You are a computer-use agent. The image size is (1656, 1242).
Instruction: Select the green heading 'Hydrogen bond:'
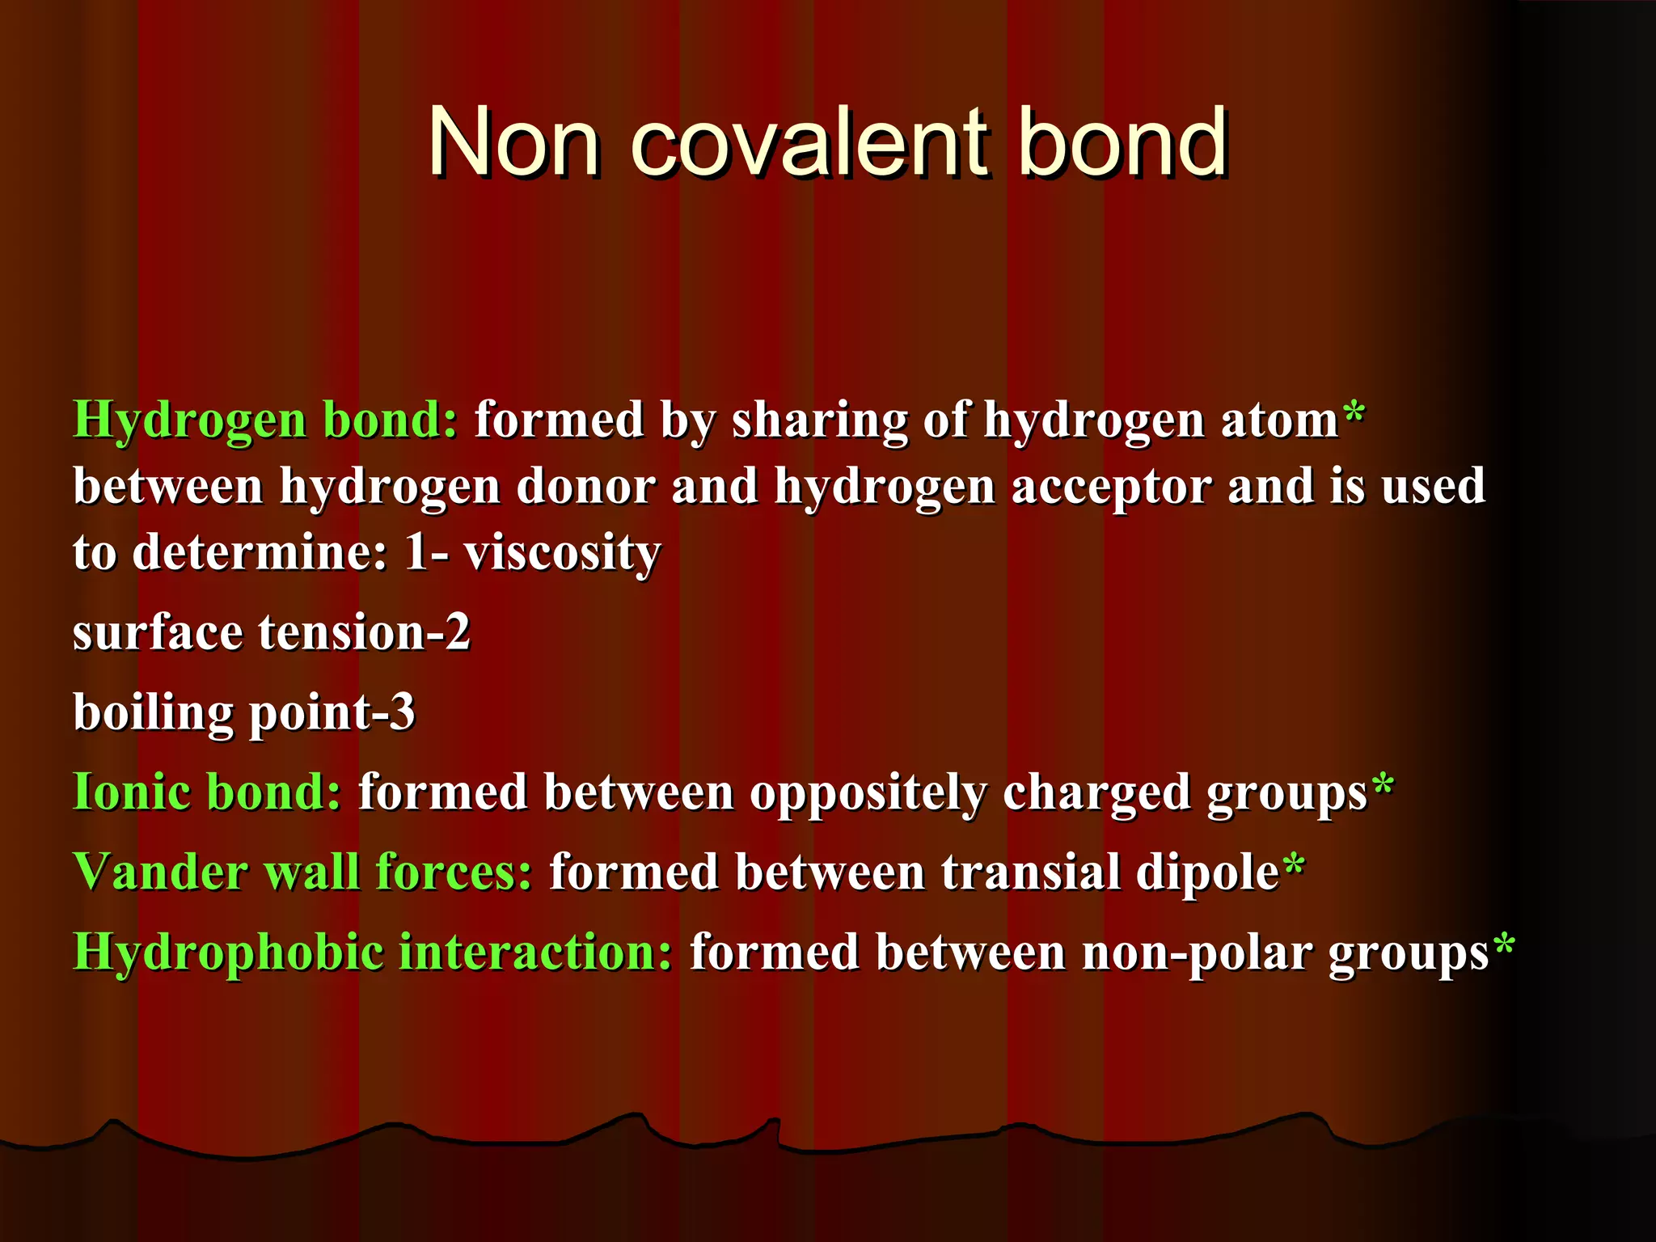pyautogui.click(x=265, y=420)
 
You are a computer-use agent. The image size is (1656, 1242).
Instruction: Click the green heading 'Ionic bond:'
pyautogui.click(x=207, y=792)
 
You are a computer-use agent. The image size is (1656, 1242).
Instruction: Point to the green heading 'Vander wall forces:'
pyautogui.click(x=302, y=872)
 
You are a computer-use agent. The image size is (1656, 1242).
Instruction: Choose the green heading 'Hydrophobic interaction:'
pyautogui.click(x=372, y=953)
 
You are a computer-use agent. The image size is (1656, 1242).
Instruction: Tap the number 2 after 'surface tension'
pyautogui.click(x=458, y=632)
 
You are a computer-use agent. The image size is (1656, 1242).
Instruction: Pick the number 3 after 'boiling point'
pyautogui.click(x=402, y=712)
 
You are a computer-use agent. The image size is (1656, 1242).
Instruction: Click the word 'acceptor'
pyautogui.click(x=1111, y=487)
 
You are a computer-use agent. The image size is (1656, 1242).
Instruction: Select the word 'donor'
pyautogui.click(x=586, y=487)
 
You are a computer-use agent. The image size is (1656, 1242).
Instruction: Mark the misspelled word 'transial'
pyautogui.click(x=1030, y=872)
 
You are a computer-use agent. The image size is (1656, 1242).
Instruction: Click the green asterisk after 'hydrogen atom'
pyautogui.click(x=1354, y=414)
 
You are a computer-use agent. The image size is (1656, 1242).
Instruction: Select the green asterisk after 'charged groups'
pyautogui.click(x=1383, y=785)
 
